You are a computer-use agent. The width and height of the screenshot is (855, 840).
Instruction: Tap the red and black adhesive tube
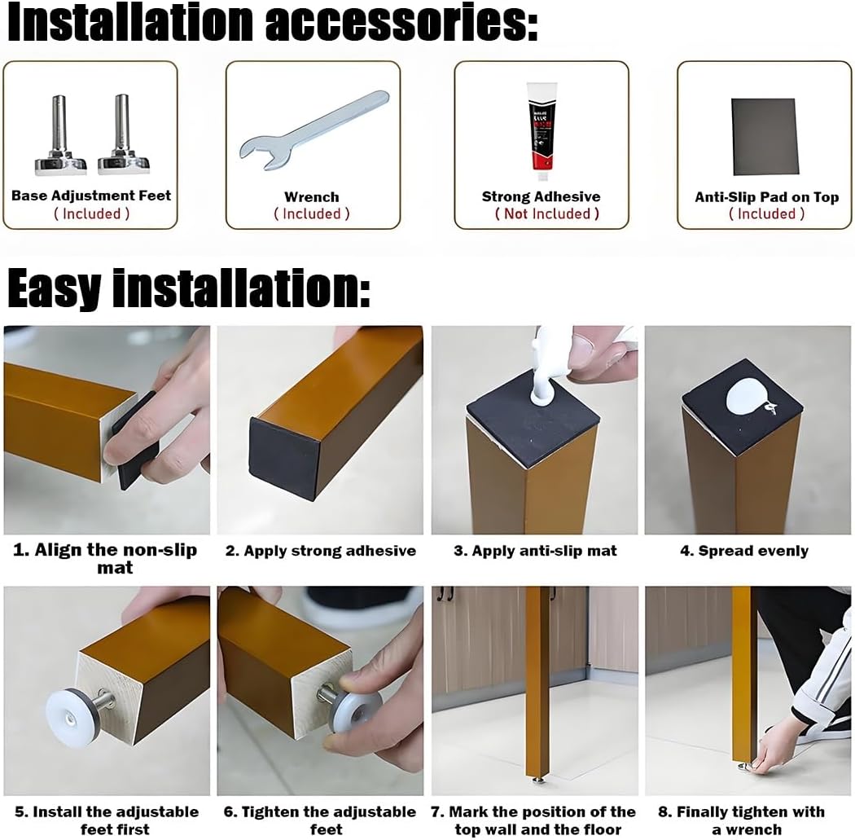541,131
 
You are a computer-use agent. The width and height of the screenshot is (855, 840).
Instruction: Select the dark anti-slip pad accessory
765,137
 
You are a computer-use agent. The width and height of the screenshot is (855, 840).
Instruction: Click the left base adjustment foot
60,135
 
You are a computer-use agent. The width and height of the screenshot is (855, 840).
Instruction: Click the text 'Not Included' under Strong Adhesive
547,213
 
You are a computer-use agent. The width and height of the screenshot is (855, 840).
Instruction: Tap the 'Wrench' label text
311,197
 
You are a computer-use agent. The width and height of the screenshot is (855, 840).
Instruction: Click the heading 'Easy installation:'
189,288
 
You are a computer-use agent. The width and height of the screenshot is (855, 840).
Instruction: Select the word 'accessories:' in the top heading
402,22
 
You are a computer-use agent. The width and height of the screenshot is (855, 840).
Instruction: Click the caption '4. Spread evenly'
744,551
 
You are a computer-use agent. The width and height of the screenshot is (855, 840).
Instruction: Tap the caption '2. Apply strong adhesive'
321,551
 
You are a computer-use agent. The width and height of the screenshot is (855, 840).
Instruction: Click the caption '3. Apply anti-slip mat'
535,551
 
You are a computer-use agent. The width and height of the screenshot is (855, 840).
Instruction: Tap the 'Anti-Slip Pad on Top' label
767,197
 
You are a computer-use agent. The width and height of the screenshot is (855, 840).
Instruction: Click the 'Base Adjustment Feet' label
91,196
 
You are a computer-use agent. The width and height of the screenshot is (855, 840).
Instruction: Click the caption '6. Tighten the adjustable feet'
320,820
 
